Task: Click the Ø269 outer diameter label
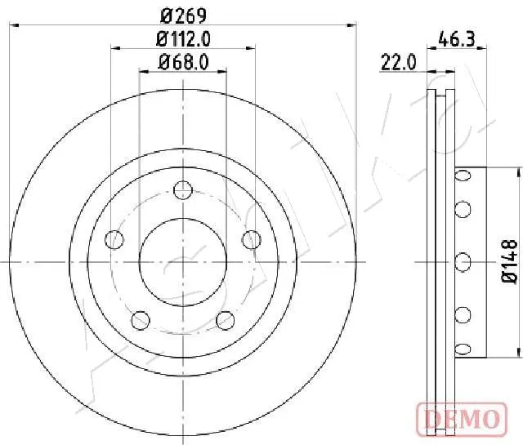click(x=183, y=16)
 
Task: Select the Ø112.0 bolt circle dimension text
click(x=183, y=39)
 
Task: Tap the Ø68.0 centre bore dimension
click(x=183, y=62)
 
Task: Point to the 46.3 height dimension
click(x=456, y=39)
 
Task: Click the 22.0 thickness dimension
click(x=398, y=62)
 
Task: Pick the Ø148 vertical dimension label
click(x=509, y=261)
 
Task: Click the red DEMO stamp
click(x=462, y=419)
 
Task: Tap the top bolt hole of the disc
click(x=183, y=190)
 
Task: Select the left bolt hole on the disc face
click(x=114, y=239)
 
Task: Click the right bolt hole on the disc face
click(x=252, y=239)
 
